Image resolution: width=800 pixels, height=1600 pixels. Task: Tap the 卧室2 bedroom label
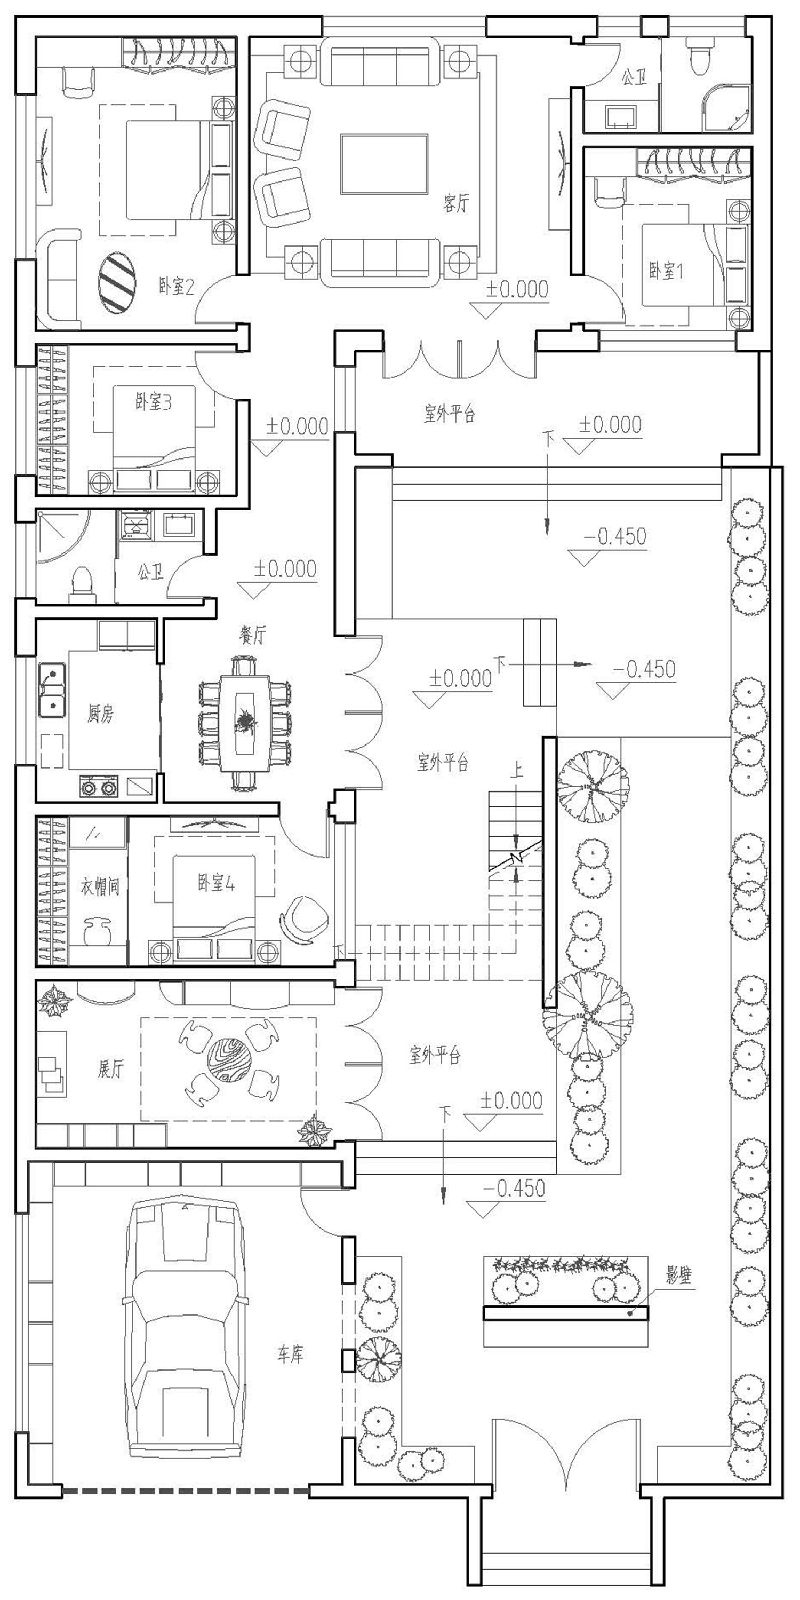pyautogui.click(x=176, y=287)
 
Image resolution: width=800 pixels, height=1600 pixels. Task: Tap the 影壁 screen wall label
pyautogui.click(x=679, y=1275)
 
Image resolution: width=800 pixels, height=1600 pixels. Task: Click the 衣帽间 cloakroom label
pyautogui.click(x=100, y=886)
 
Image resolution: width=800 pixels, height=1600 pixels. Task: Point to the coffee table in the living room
pyautogui.click(x=384, y=164)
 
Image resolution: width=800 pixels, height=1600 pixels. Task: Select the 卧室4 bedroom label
pyautogui.click(x=216, y=882)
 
